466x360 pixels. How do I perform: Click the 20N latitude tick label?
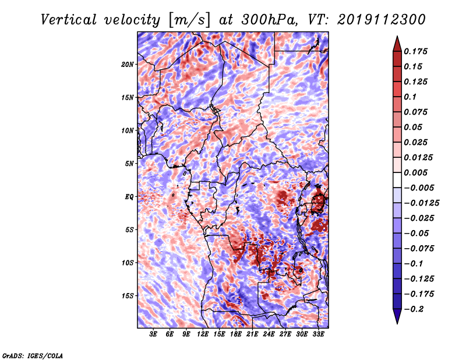(x=128, y=64)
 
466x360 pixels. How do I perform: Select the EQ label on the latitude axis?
(x=129, y=197)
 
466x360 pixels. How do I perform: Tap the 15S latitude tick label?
(x=128, y=296)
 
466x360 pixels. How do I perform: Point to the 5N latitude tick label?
(x=129, y=164)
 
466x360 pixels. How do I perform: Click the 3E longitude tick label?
(x=153, y=334)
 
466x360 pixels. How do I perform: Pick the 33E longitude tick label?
(x=318, y=334)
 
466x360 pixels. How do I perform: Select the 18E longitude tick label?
(x=236, y=334)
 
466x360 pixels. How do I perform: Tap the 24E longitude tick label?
(x=269, y=334)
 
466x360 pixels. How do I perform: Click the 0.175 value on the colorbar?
(x=416, y=51)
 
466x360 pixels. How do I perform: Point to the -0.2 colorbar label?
(x=414, y=309)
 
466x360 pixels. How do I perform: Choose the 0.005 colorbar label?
(x=416, y=172)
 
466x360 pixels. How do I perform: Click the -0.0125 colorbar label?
(x=421, y=203)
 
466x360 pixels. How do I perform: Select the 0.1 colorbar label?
(x=411, y=97)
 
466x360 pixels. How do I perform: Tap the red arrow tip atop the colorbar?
(x=397, y=36)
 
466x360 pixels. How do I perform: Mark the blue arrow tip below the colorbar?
(x=397, y=323)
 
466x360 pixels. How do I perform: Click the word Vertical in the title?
(x=69, y=20)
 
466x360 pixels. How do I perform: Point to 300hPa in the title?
(x=269, y=20)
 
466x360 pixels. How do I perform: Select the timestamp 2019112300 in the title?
(x=382, y=20)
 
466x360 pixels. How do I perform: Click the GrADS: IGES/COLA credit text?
(x=33, y=355)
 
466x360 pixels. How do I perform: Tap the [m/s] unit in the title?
(x=189, y=20)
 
